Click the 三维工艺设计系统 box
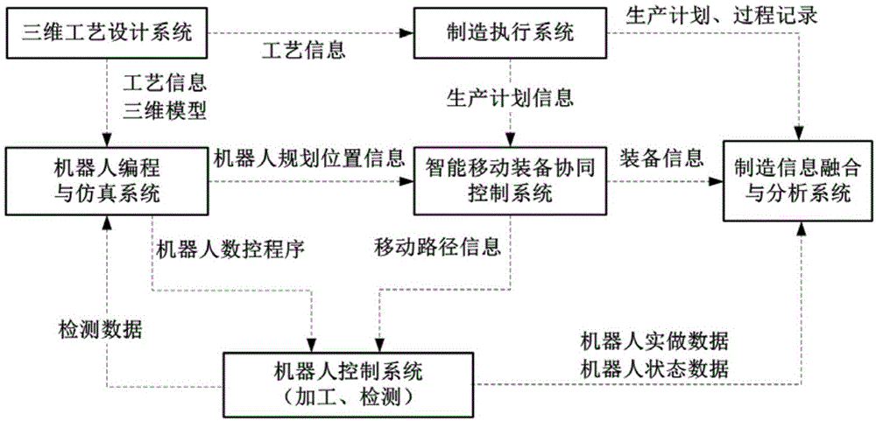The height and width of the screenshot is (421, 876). (107, 33)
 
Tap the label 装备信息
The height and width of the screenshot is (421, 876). (663, 158)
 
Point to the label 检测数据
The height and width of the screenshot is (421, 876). (95, 329)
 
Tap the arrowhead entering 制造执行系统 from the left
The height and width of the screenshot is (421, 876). (408, 33)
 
